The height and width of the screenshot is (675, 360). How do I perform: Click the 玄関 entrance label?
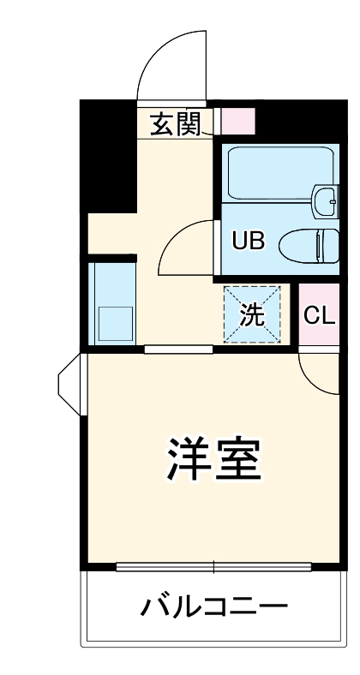point(176,125)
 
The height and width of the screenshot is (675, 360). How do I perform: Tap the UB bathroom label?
point(249,241)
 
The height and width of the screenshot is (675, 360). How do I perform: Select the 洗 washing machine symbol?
point(251,315)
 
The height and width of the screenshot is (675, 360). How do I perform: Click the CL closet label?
point(318,315)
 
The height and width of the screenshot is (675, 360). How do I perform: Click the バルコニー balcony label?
point(213,608)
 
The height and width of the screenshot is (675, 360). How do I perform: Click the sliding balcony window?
point(213,565)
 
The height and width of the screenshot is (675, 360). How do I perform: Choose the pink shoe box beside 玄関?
point(237,121)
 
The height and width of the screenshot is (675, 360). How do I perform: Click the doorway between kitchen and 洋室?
point(178,349)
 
